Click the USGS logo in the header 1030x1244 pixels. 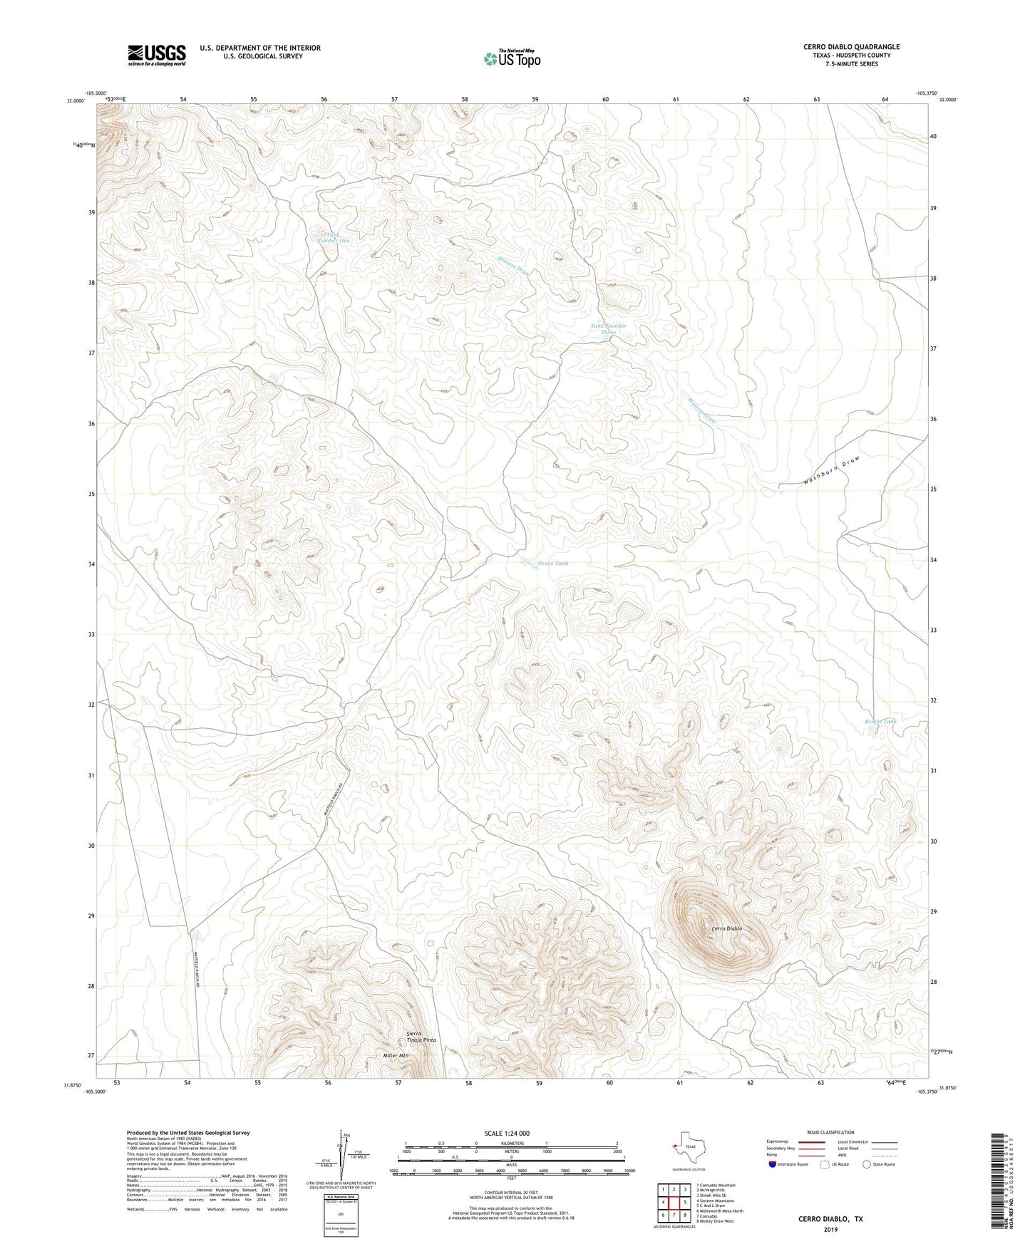157,55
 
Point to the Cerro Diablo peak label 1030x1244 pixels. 726,928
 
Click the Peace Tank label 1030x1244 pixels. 553,564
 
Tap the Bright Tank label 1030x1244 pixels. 880,722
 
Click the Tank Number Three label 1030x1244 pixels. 608,329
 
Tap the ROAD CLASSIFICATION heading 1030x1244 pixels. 831,1133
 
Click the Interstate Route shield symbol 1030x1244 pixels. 773,1164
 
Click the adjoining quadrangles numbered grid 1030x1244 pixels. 674,1202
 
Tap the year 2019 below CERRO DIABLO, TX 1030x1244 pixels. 830,1229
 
